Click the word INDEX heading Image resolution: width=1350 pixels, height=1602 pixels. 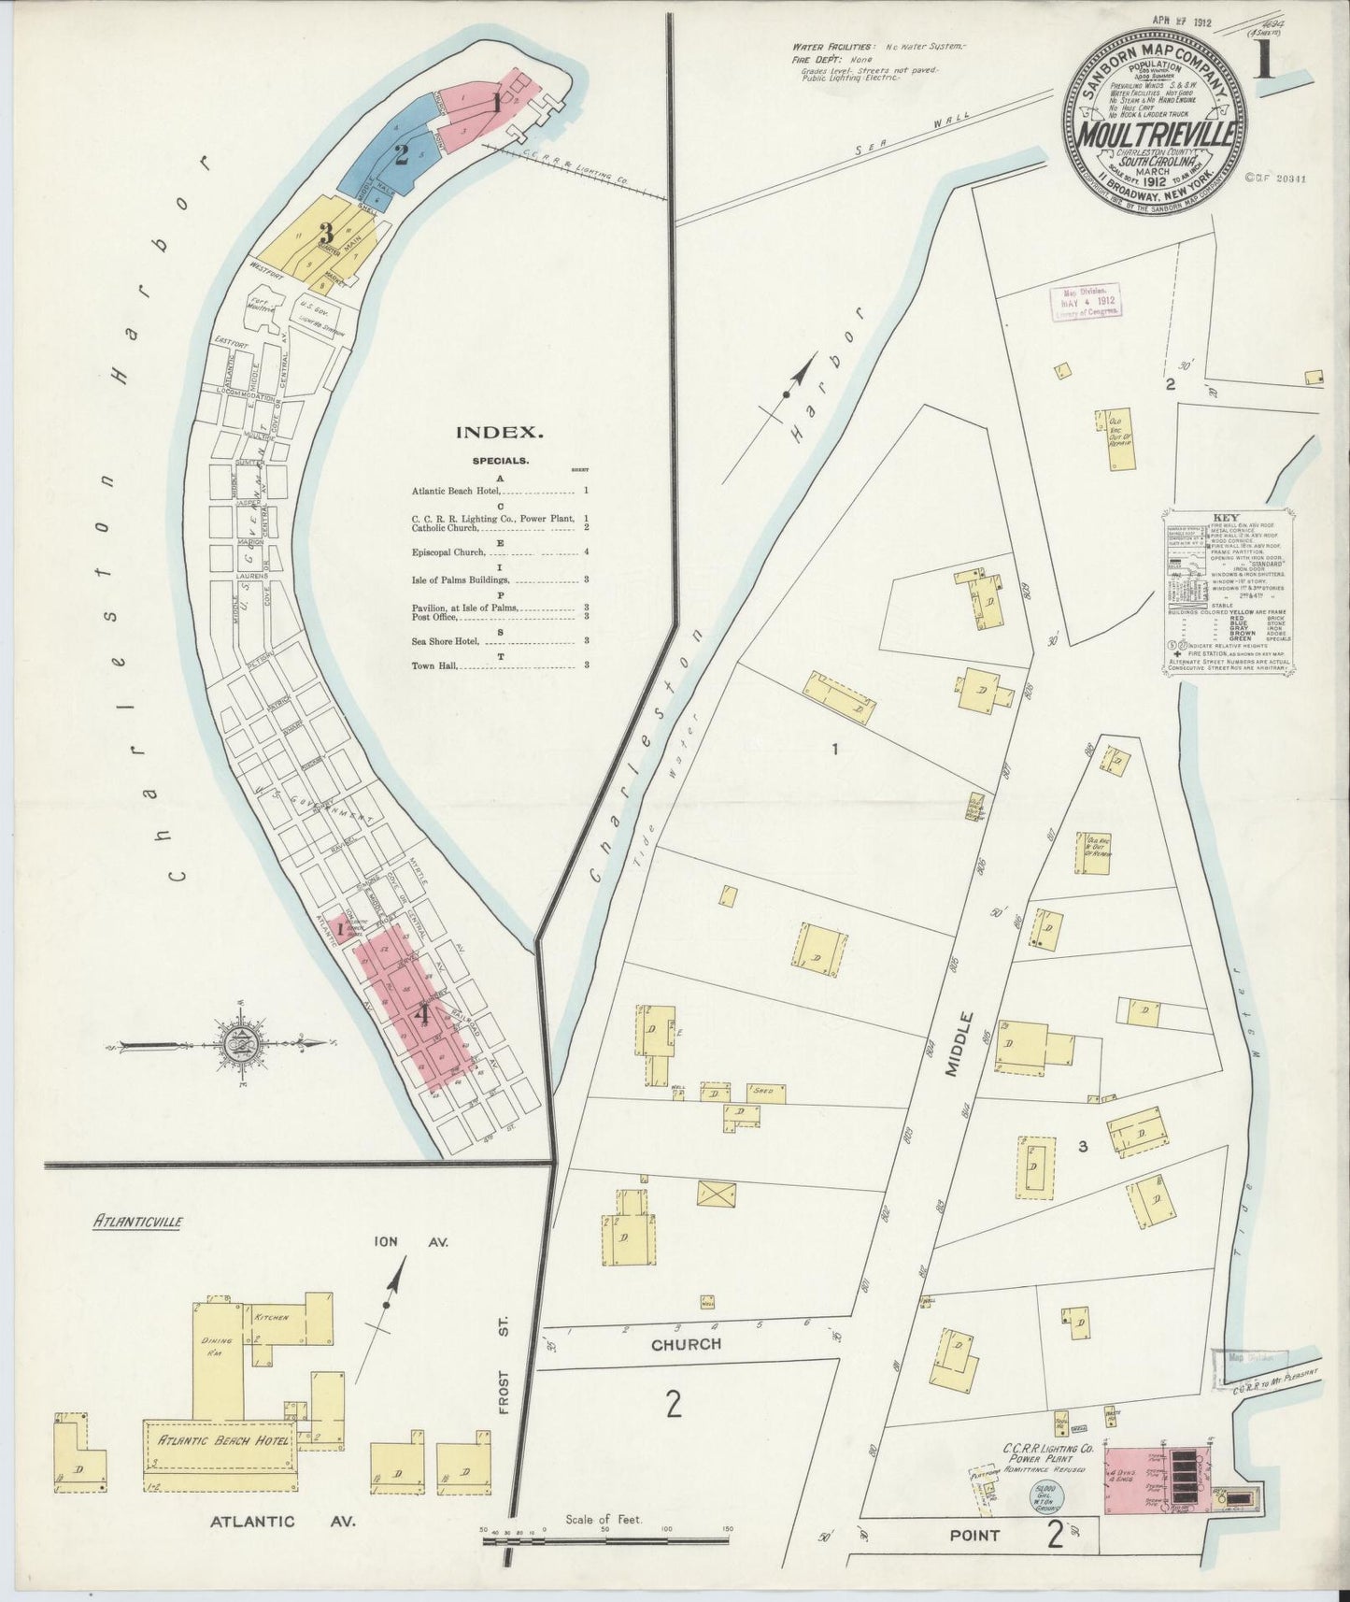click(499, 432)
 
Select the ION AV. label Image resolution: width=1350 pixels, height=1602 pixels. click(412, 1242)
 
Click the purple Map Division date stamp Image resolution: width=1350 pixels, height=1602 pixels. click(1087, 303)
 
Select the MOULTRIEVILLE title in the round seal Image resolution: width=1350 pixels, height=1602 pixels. click(1157, 134)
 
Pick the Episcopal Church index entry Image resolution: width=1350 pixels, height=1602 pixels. click(448, 552)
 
